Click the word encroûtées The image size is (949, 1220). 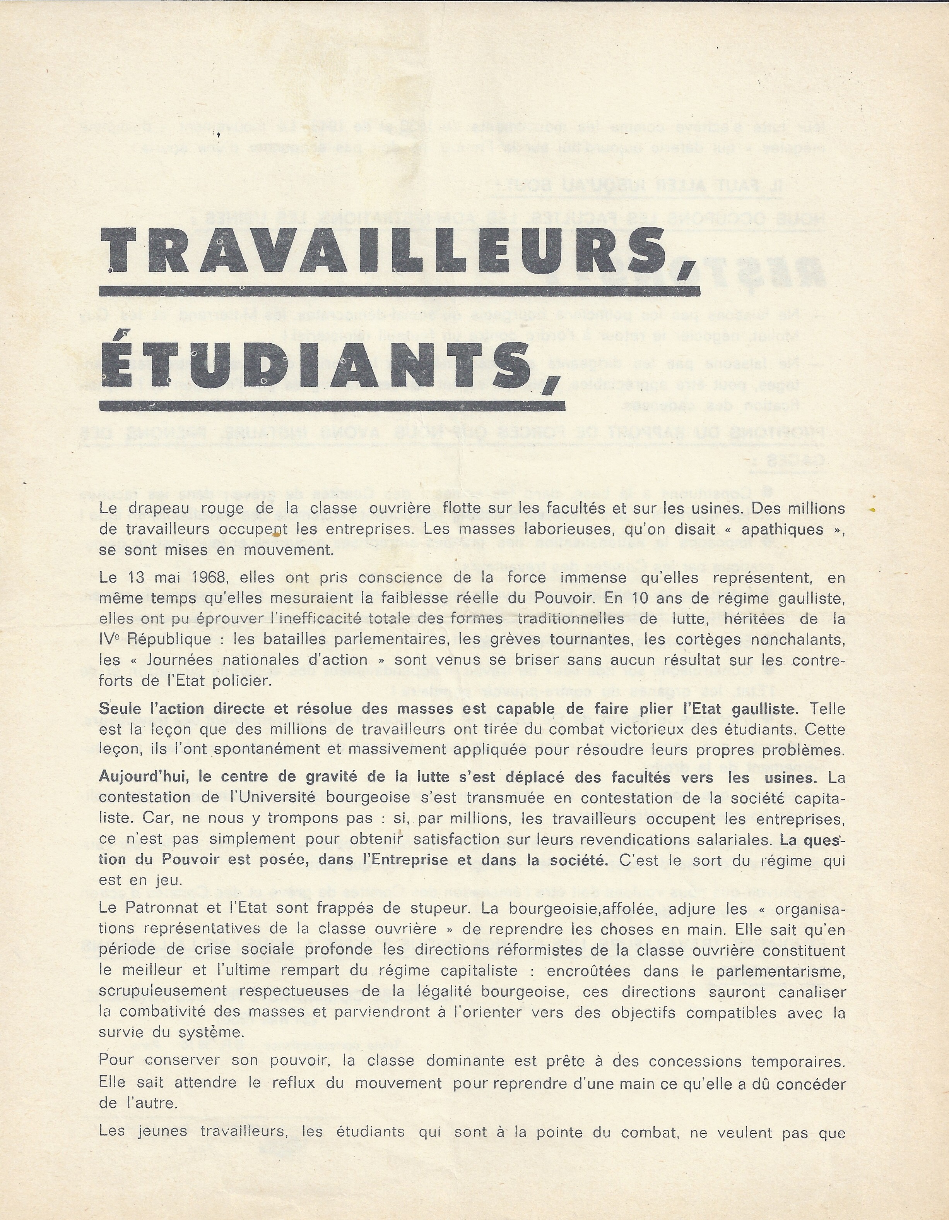click(x=591, y=971)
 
